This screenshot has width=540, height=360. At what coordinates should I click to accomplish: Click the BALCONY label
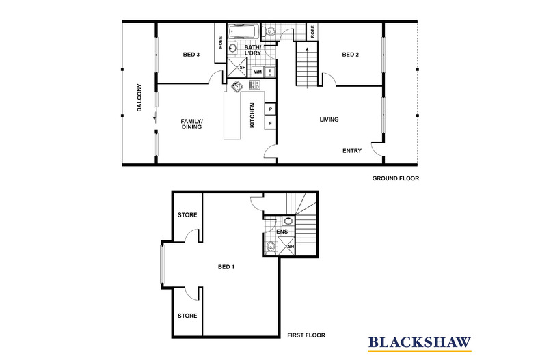[x=139, y=98]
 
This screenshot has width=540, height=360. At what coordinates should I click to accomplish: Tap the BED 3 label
[x=191, y=55]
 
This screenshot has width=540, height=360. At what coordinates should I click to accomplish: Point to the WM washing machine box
[x=258, y=71]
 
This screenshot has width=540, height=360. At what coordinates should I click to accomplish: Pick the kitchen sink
[x=237, y=86]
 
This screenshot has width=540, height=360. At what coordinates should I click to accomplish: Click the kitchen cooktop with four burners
[x=256, y=85]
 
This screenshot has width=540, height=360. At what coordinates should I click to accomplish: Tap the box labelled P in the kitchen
[x=271, y=109]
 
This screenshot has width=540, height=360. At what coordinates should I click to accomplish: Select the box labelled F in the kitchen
[x=271, y=124]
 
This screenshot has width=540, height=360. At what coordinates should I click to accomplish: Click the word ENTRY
[x=352, y=151]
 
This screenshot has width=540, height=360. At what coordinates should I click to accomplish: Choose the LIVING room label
[x=329, y=120]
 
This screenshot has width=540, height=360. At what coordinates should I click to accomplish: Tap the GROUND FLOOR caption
[x=395, y=178]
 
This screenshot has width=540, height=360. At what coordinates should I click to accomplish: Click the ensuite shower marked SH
[x=291, y=247]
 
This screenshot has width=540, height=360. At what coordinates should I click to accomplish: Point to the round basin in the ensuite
[x=287, y=221]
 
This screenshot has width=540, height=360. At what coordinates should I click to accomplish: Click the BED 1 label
[x=226, y=266]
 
